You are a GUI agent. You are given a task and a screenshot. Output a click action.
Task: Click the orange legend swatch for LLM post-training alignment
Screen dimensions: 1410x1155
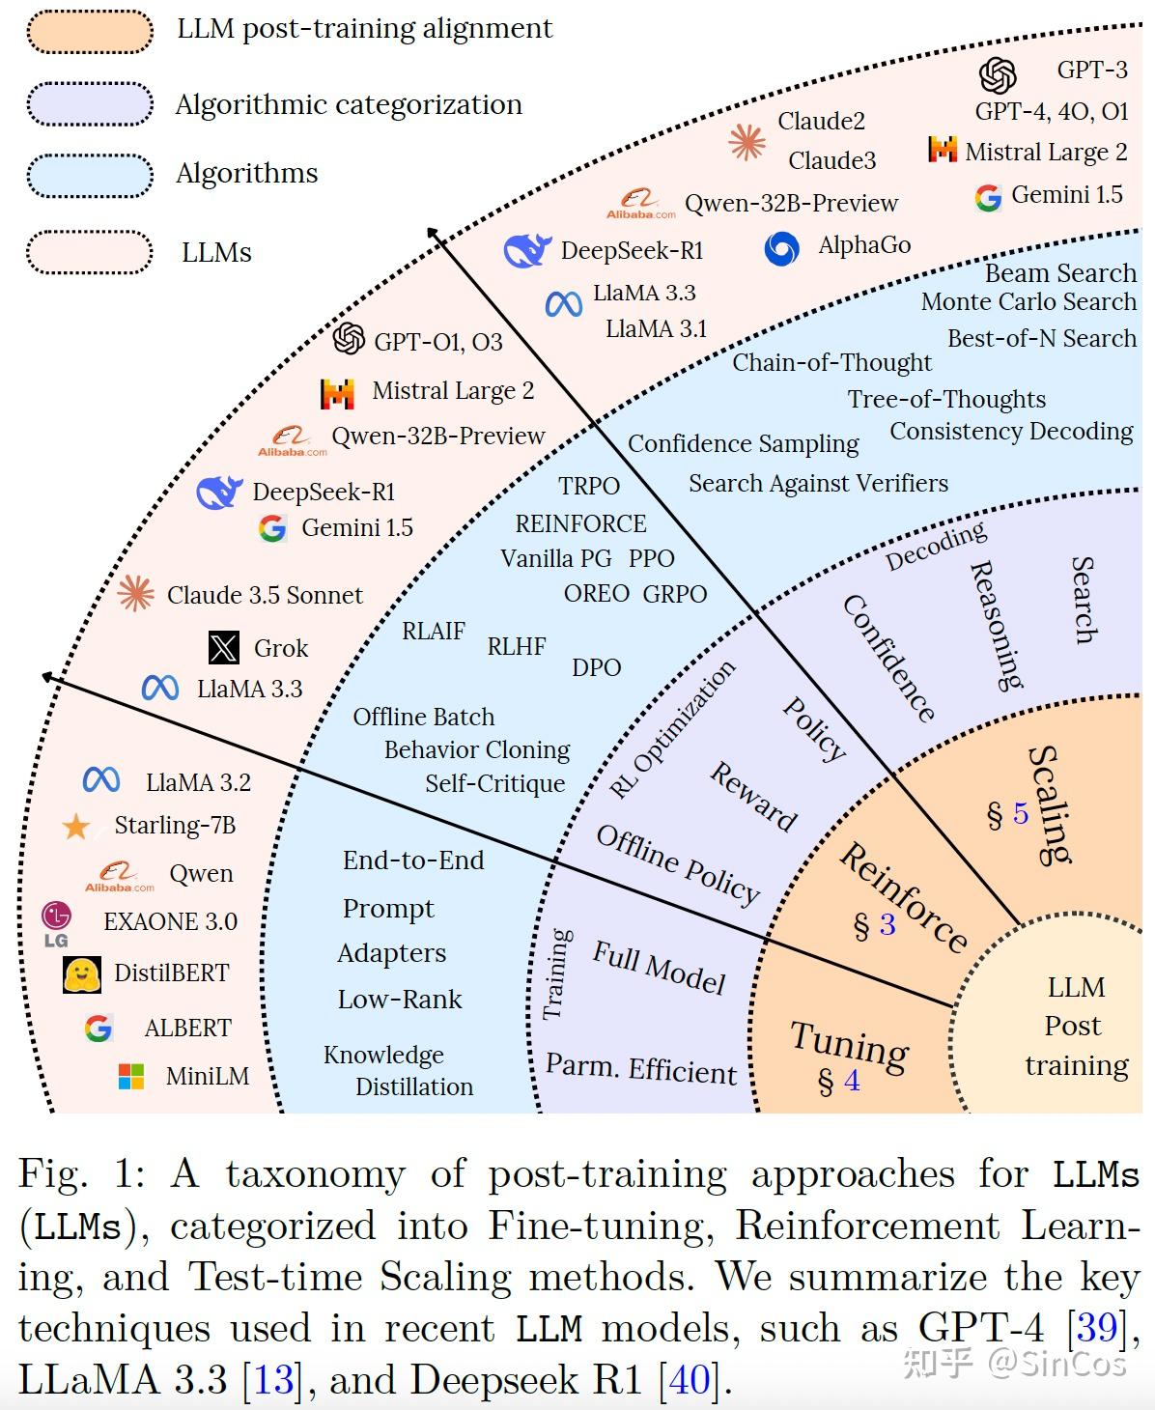tap(90, 31)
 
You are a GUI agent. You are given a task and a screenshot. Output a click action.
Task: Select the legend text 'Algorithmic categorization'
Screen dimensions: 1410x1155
tap(349, 104)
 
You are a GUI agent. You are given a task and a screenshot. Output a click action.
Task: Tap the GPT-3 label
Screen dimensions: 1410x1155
tap(1092, 70)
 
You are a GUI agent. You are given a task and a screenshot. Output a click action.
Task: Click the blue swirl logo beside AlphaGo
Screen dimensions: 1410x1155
tap(781, 248)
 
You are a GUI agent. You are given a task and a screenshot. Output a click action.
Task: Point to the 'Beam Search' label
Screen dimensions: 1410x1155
tap(1060, 273)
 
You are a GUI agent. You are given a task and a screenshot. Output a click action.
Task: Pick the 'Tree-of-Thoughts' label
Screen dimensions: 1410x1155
tap(946, 399)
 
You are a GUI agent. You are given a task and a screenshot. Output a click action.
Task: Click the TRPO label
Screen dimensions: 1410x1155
tap(589, 486)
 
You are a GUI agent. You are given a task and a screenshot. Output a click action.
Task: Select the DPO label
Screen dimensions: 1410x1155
tap(596, 667)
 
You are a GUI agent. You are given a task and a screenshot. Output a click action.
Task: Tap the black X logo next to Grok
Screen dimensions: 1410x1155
tap(224, 647)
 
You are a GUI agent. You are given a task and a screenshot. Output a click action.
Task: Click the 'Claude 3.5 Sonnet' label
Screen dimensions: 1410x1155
tap(265, 595)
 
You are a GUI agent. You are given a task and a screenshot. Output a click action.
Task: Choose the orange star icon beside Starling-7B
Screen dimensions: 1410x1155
tap(75, 827)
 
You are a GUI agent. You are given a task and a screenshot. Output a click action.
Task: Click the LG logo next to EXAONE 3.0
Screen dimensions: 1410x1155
tap(56, 923)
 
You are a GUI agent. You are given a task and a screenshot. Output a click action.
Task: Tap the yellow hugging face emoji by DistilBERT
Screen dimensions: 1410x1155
tap(82, 974)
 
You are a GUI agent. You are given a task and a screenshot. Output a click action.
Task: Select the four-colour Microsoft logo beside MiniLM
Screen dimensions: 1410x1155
tap(130, 1076)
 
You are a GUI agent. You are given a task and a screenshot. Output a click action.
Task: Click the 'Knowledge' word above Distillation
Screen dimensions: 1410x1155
tap(383, 1055)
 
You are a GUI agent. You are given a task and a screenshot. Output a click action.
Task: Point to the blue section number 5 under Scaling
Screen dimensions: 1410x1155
tap(1021, 814)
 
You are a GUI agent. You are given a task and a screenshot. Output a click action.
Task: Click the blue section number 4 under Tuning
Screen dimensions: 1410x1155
tap(852, 1081)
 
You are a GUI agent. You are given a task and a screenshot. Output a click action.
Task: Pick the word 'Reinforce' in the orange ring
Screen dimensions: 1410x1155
tap(903, 897)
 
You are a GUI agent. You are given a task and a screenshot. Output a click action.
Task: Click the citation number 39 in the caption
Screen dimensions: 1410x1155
tap(1096, 1328)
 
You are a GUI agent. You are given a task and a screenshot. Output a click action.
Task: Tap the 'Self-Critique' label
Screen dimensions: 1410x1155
tap(494, 783)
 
